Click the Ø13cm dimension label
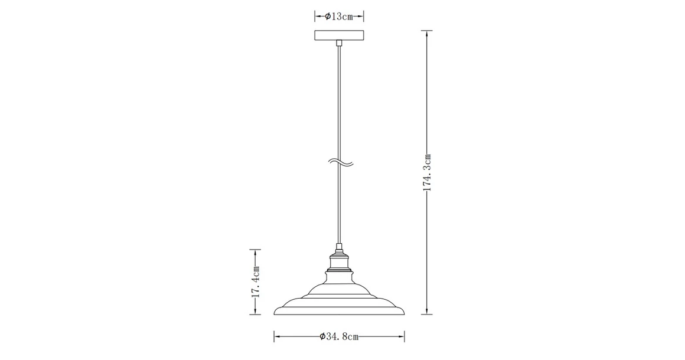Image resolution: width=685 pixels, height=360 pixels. (x=338, y=17)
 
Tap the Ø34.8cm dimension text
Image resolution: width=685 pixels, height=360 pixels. (x=339, y=337)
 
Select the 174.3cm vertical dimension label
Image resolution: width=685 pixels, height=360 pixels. (x=428, y=172)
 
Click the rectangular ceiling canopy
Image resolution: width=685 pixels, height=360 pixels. (x=339, y=35)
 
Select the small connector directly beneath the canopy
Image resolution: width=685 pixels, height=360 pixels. (x=339, y=43)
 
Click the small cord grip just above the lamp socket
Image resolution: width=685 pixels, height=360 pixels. (x=339, y=248)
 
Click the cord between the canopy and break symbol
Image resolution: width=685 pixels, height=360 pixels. (x=339, y=100)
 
